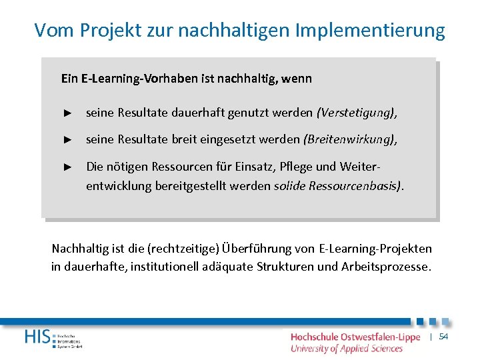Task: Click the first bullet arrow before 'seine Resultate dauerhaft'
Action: pos(67,113)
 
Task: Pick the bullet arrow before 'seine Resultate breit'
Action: pos(67,139)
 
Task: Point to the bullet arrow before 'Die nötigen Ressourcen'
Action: pos(67,166)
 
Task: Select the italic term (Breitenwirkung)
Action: pos(349,139)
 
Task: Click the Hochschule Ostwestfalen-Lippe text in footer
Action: pos(355,337)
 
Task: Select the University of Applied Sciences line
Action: pos(347,348)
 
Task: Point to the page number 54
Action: pos(443,337)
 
